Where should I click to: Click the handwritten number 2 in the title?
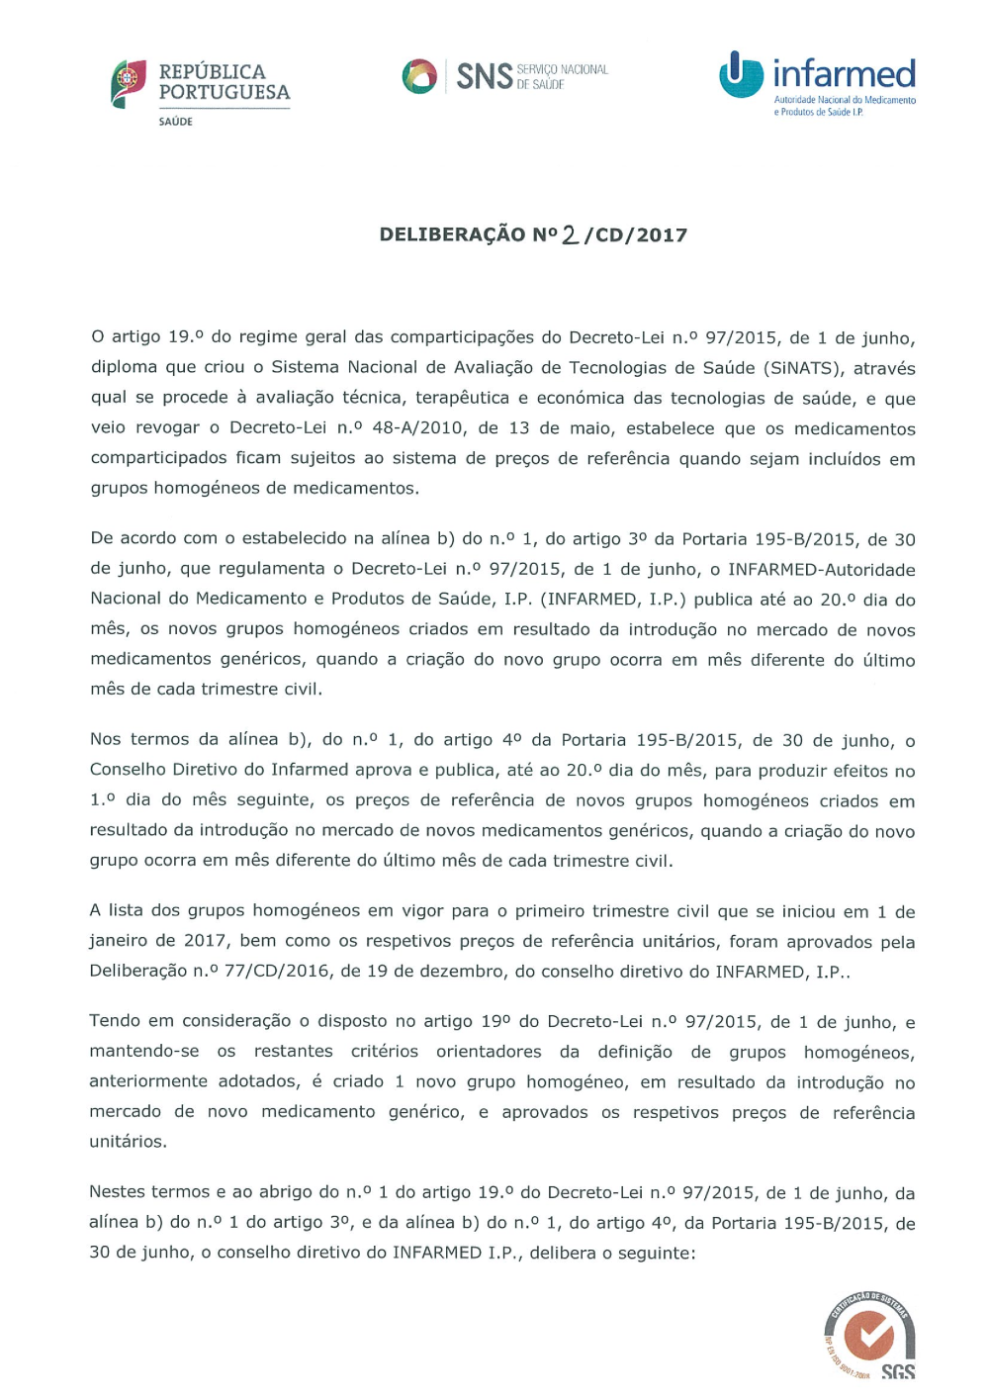point(570,234)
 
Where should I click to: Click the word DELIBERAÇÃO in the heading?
point(452,234)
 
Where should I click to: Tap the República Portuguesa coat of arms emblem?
point(129,83)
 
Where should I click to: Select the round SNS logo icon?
point(419,76)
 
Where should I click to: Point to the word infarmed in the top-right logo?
point(844,74)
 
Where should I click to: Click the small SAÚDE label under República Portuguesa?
point(176,122)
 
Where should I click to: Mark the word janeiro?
point(119,941)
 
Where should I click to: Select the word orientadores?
point(489,1052)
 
